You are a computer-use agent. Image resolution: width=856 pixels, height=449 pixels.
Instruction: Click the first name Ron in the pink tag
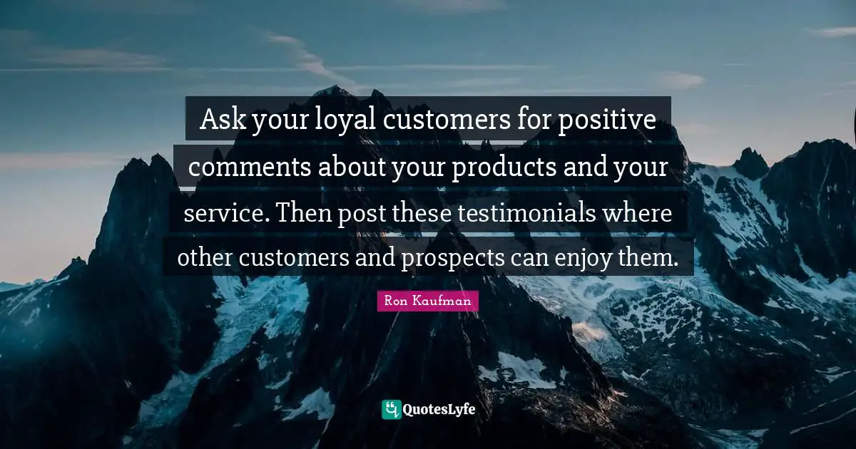pos(396,301)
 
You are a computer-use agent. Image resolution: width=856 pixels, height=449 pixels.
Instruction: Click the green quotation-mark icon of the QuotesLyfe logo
pos(391,409)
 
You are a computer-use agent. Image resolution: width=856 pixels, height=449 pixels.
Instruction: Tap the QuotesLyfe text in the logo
pos(439,410)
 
